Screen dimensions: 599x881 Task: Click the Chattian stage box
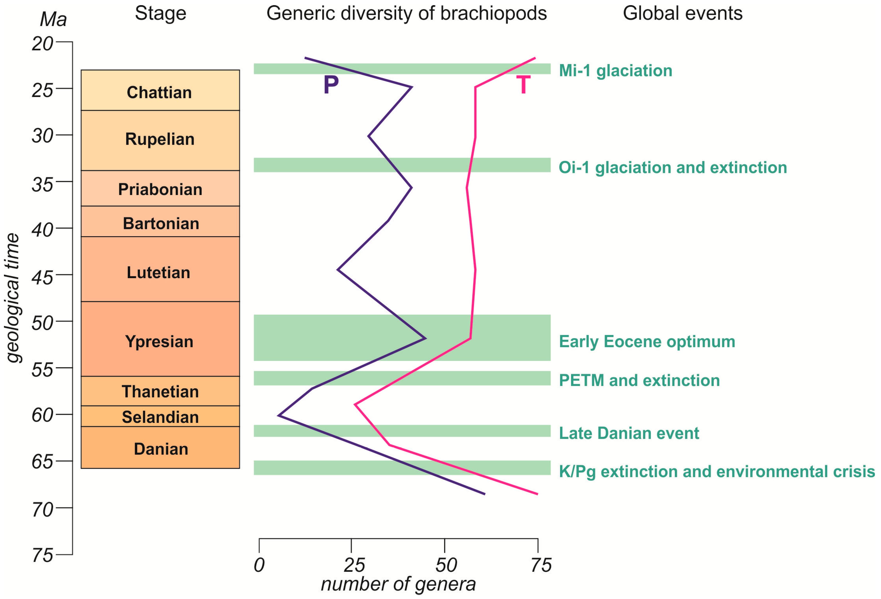pos(160,91)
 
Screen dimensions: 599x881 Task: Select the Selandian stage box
pos(160,417)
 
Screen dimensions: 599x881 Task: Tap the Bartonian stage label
pos(161,223)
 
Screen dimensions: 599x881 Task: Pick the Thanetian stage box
pos(160,391)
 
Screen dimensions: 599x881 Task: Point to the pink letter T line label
pos(523,85)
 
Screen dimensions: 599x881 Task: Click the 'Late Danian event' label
pos(629,433)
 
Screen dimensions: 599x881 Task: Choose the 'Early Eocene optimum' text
pos(647,341)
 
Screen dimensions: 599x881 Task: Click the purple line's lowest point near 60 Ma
pos(279,416)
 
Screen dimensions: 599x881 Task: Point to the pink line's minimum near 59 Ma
pos(355,405)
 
